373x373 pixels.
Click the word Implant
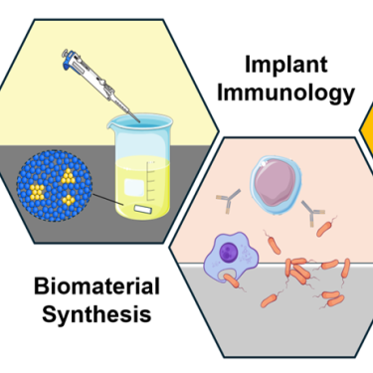click(286, 65)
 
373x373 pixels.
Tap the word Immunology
click(285, 93)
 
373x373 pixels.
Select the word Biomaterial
click(96, 286)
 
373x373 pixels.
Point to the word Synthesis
click(96, 314)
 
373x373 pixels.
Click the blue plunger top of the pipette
click(68, 59)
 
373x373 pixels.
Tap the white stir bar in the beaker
click(143, 209)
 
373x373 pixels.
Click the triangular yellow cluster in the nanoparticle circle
click(68, 176)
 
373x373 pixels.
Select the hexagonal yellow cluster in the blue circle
click(37, 192)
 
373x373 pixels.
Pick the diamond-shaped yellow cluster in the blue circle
click(69, 200)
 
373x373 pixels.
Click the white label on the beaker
click(134, 188)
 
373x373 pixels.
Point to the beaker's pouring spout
click(110, 125)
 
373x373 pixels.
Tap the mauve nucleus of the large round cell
click(276, 182)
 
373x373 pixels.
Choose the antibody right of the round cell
click(312, 213)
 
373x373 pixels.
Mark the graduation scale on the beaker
click(151, 181)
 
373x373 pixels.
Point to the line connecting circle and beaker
click(108, 200)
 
